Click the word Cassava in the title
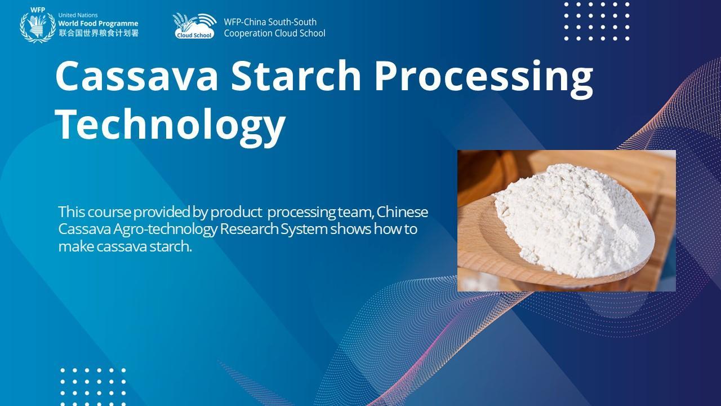coord(137,76)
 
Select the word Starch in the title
coord(296,76)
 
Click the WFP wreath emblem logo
coord(38,28)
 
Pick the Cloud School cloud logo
coord(194,27)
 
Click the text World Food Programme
coord(98,24)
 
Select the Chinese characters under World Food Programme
coord(99,33)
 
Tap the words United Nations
coord(78,15)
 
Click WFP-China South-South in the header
coord(270,22)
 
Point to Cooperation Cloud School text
coord(274,33)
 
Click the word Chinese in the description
coord(402,212)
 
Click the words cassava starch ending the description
coord(144,246)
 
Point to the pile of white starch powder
coord(573,219)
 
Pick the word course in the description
coord(109,213)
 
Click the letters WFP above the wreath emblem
coord(38,10)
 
